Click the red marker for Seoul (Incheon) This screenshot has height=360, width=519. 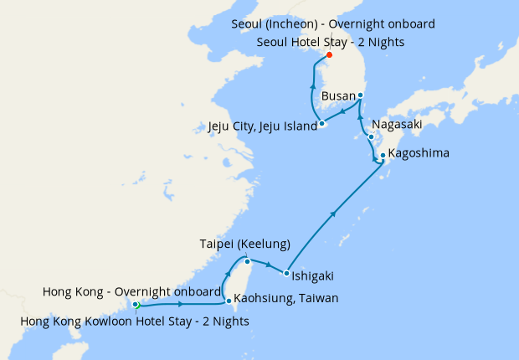pos(329,55)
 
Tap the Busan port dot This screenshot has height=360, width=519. pos(360,95)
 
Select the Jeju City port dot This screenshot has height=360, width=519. pos(321,125)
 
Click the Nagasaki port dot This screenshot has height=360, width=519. pos(371,136)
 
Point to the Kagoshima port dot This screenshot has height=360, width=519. pos(383,155)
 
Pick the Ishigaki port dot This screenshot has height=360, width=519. pos(286,274)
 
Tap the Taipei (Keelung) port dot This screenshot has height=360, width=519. pos(236,262)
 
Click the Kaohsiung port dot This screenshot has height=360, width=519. pos(229,301)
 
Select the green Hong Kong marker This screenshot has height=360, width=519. pos(136,305)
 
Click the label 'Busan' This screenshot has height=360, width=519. pos(339,96)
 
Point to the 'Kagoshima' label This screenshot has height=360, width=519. pos(419,154)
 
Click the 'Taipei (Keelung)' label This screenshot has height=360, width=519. pos(244,244)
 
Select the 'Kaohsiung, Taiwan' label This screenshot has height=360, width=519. pos(286,298)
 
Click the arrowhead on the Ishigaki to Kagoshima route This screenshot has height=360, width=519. pos(335,213)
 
